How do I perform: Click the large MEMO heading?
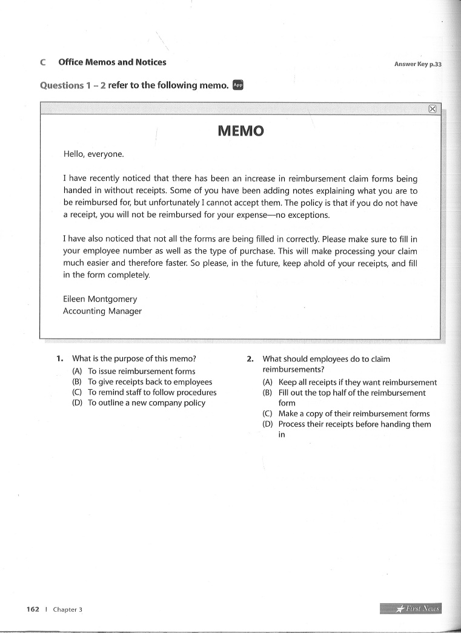point(240,131)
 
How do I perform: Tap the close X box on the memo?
point(433,109)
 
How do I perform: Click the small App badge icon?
point(238,85)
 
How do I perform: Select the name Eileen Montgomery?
point(100,299)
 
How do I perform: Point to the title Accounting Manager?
point(102,311)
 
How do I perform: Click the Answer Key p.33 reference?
point(418,64)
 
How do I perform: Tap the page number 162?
point(33,609)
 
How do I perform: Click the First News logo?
point(411,608)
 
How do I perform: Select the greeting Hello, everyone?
point(94,154)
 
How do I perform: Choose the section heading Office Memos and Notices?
point(112,62)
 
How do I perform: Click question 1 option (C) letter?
point(77,392)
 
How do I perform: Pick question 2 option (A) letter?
point(268,382)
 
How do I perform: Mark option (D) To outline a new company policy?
point(146,403)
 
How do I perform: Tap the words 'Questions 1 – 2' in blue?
point(73,85)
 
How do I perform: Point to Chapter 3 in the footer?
point(67,609)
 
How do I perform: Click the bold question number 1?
point(59,359)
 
